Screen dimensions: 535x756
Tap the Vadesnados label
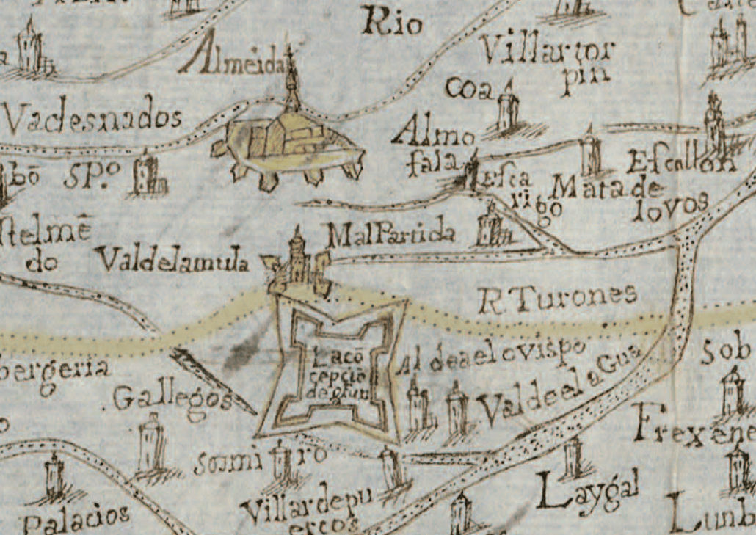92,115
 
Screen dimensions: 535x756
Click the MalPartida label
391,236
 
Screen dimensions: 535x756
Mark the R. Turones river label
556,296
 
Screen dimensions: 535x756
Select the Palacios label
76,518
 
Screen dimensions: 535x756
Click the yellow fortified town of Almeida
286,143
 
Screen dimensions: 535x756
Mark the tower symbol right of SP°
148,175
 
